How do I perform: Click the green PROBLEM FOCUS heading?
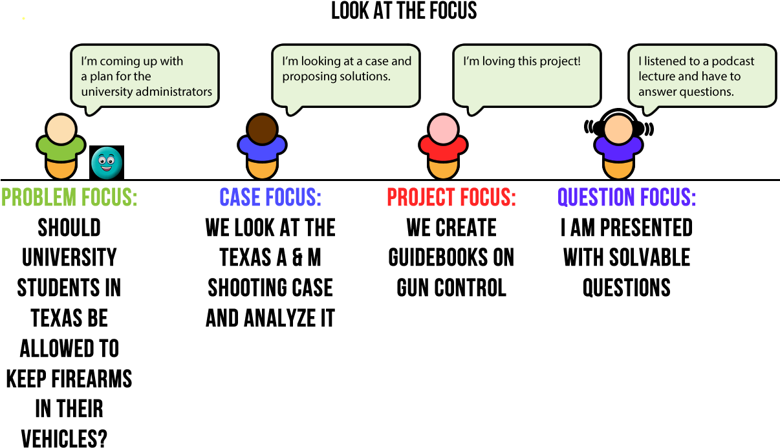[69, 197]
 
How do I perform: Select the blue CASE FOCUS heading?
[270, 197]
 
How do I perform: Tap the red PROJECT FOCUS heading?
[451, 197]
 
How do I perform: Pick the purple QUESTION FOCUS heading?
[626, 197]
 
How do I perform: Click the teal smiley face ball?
[107, 163]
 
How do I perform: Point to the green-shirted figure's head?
[61, 129]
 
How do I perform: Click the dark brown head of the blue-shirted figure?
[262, 129]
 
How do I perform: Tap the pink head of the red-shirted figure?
[443, 129]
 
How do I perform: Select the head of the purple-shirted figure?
[618, 129]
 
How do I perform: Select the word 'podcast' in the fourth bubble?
[733, 61]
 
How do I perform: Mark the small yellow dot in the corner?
[23, 18]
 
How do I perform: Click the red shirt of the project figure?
[443, 149]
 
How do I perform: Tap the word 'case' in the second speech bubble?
[376, 61]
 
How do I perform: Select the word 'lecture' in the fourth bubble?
[657, 76]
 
